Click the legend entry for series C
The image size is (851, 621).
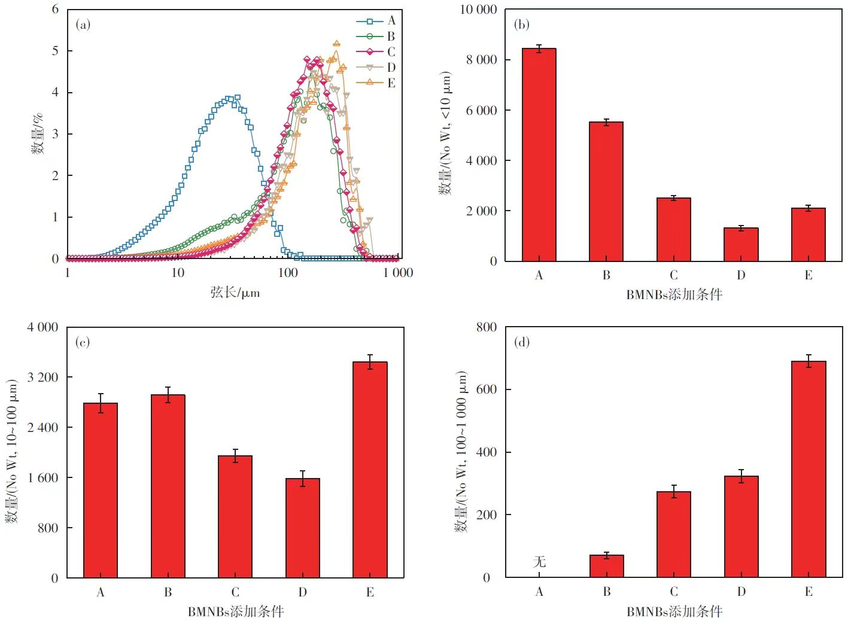tap(376, 52)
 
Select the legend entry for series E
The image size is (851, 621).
tap(376, 83)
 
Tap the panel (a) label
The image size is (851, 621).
tap(83, 25)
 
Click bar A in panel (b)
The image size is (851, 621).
tap(539, 155)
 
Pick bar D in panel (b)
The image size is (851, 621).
tap(741, 245)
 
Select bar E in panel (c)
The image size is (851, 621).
tap(370, 470)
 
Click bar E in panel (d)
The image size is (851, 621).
tap(809, 469)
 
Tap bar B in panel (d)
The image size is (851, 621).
tap(606, 566)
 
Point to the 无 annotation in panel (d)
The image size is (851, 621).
tap(539, 561)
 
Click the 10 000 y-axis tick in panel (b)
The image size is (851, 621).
tap(479, 10)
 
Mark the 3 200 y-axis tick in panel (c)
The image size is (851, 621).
tap(43, 377)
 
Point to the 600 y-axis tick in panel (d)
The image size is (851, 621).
tap(487, 389)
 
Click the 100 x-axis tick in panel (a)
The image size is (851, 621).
tap(288, 273)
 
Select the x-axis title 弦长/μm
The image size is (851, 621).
tap(235, 293)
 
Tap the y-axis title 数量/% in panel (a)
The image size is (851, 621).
tap(37, 133)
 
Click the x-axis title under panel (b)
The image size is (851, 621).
tap(674, 294)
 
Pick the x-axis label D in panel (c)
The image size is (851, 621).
tap(303, 592)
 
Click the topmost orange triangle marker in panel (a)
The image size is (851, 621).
tap(336, 44)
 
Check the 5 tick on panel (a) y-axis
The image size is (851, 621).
tap(56, 51)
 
